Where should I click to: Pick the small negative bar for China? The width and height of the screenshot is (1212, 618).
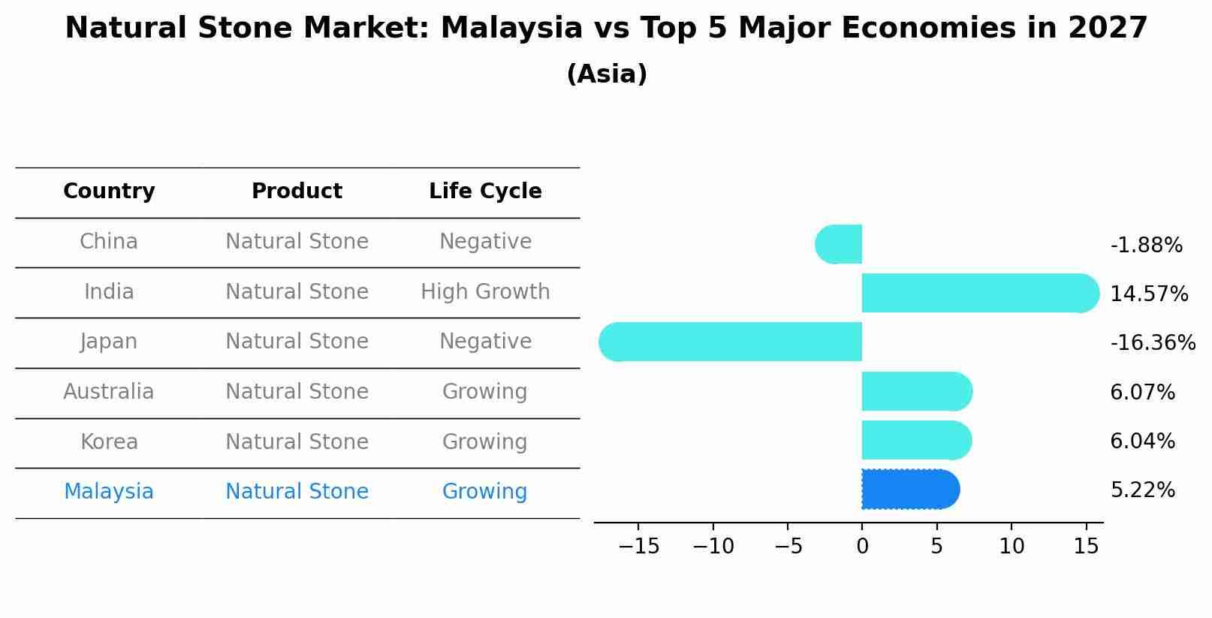coord(840,244)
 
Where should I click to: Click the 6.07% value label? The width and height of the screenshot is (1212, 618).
coord(1142,392)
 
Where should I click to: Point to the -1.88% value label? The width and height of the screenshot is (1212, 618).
coord(1146,246)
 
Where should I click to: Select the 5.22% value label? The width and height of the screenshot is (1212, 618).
coord(1142,490)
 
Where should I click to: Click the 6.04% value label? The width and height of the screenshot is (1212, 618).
coord(1142,442)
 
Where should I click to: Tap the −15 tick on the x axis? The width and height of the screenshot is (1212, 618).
coord(638,547)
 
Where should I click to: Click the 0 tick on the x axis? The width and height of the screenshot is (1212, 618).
coord(862,547)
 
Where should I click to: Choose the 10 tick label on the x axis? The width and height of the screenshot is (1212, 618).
coord(1012,547)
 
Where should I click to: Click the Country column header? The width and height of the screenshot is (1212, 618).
coord(109,191)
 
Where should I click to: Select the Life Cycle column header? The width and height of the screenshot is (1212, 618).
coord(485,191)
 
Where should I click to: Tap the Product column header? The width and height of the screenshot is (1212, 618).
coord(297,191)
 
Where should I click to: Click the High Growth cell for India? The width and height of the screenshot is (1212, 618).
coord(485,291)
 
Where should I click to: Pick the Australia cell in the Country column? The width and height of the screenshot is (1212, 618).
coord(109,392)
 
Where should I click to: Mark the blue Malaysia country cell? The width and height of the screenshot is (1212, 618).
coord(109,492)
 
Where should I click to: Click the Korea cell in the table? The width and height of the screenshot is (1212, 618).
coord(109,442)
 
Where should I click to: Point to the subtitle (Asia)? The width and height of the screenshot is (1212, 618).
coord(607,74)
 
